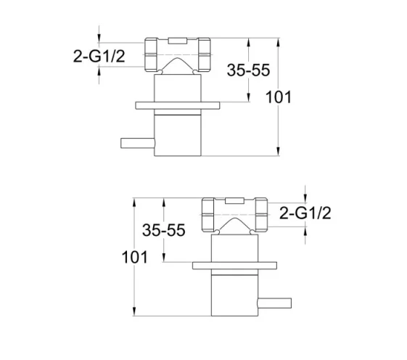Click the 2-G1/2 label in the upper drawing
tap(97, 57)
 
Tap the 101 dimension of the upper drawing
tap(298, 96)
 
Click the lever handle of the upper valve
tap(136, 139)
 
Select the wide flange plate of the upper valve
tap(177, 106)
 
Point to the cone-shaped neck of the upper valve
tap(178, 71)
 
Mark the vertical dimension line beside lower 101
tap(133, 290)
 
